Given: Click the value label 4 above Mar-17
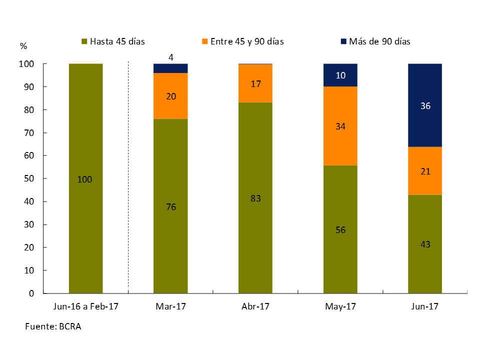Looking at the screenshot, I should [171, 57].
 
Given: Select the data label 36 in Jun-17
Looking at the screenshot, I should [425, 106].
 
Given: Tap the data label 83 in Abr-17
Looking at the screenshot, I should [255, 198].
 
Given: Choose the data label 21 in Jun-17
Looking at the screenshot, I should [425, 171].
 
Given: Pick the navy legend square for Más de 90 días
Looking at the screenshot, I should [343, 41].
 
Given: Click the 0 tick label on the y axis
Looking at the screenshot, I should [31, 293].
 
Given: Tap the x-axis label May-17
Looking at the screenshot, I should [340, 306].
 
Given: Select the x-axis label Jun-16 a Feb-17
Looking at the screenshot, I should [85, 306].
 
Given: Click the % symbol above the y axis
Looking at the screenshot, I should [23, 46].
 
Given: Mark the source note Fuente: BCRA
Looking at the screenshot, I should [53, 326].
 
